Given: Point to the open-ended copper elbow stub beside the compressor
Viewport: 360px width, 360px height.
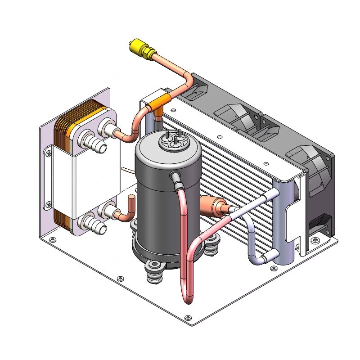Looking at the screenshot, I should [x=131, y=201].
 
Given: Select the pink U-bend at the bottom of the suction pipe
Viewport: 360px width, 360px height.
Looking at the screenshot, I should [x=188, y=297].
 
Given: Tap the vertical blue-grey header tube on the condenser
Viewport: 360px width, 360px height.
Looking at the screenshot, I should [x=285, y=220].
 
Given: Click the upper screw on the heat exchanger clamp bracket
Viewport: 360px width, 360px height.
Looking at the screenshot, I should [x=47, y=154].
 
